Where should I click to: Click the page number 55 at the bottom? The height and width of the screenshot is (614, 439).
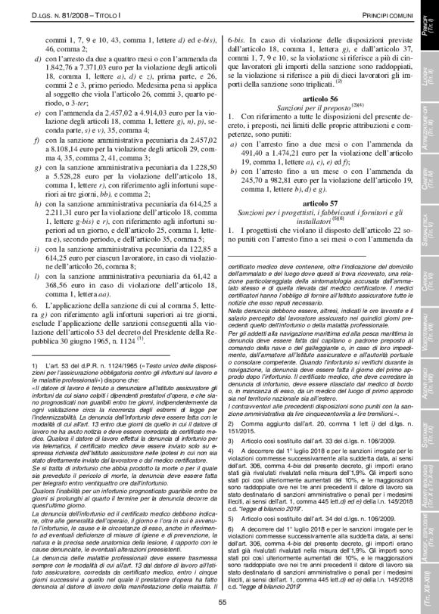[x=223, y=602]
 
